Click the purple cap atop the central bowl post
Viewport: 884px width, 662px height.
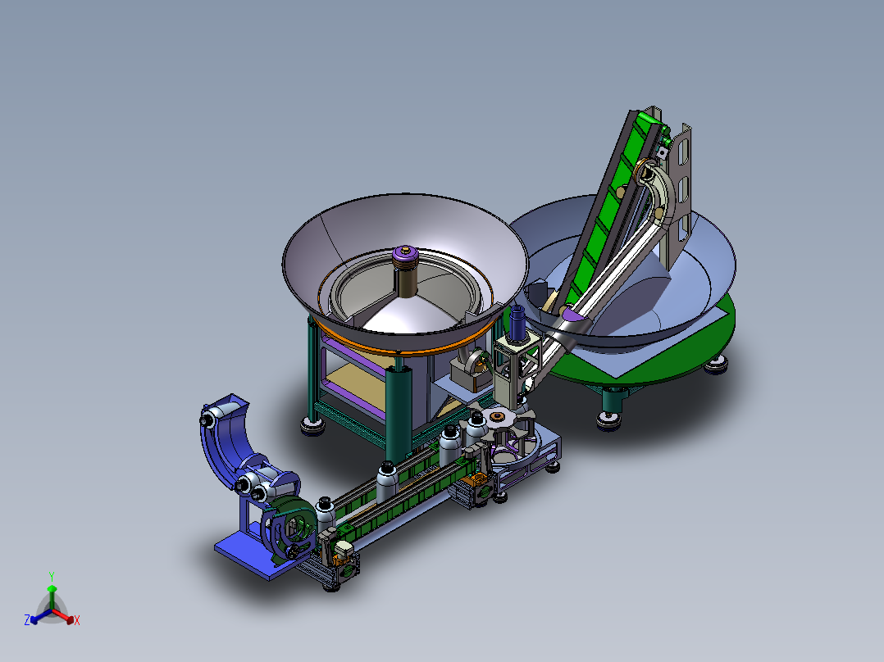coord(405,252)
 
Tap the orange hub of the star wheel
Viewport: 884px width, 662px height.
coord(497,416)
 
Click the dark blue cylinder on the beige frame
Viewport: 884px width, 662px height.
coord(517,323)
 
